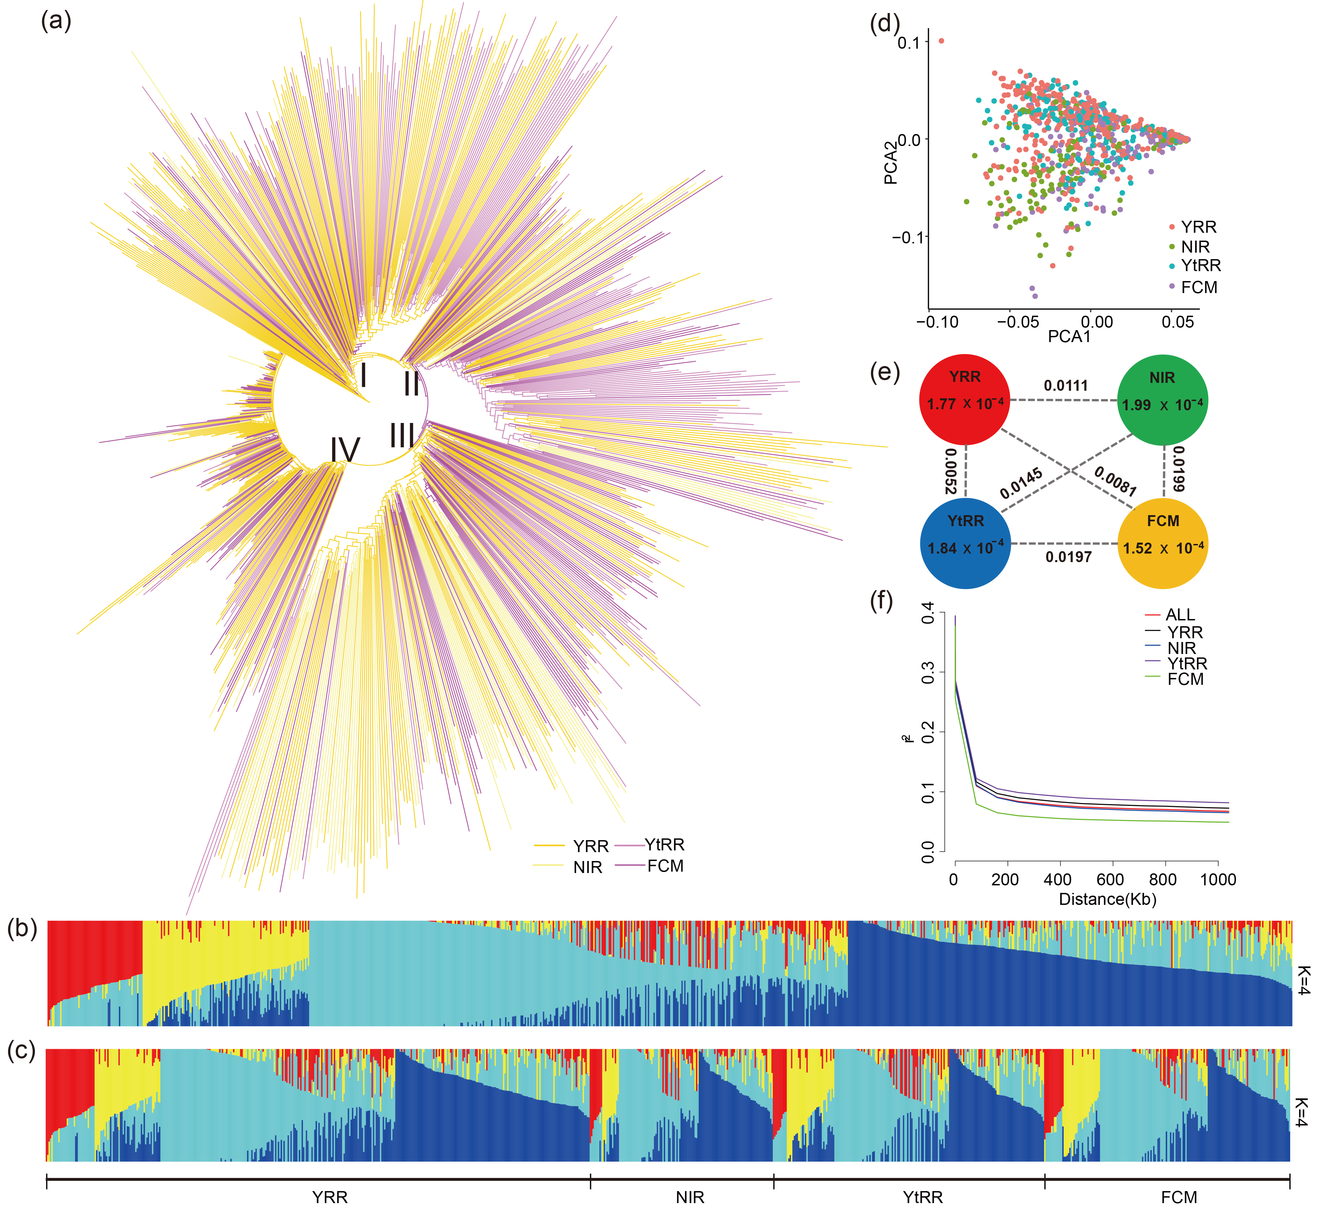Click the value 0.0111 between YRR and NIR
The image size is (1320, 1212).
[x=1066, y=386]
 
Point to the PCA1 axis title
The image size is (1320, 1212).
[x=1069, y=337]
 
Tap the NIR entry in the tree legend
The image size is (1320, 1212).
[x=587, y=868]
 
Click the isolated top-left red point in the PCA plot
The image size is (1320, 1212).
[x=942, y=41]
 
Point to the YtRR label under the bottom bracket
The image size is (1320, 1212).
[x=922, y=1198]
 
